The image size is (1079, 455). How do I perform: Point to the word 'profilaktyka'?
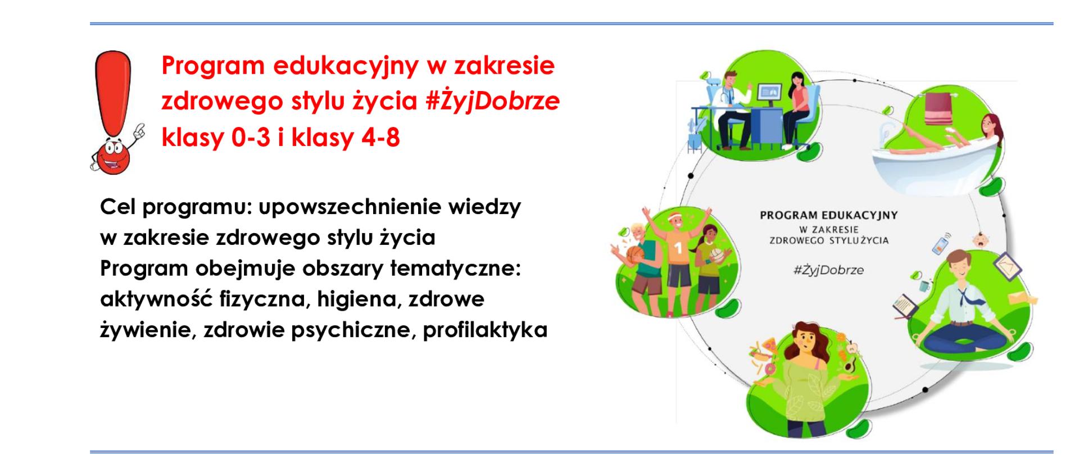(x=485, y=330)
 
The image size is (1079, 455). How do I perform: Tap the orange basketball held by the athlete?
(x=636, y=256)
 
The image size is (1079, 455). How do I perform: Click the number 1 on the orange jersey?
(x=678, y=247)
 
